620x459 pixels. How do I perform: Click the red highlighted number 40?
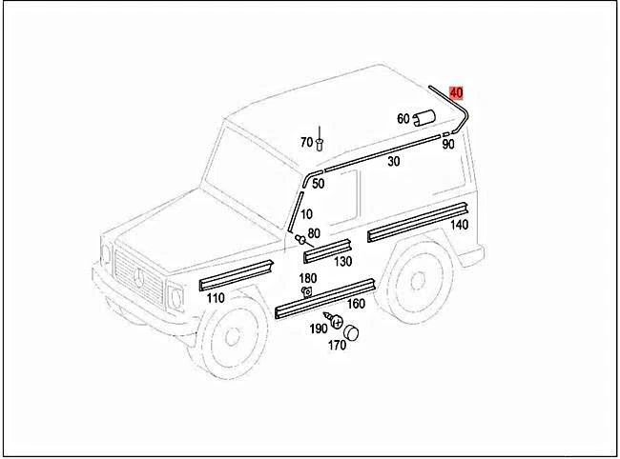coord(456,92)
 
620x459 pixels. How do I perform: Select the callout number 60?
coord(403,119)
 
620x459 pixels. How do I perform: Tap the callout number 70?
coord(306,142)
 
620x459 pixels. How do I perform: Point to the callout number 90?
coord(447,144)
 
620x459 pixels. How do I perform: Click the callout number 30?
coord(393,162)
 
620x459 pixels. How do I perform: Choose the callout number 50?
coord(318,184)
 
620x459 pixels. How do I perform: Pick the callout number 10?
coord(306,214)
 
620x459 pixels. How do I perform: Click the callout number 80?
coord(314,233)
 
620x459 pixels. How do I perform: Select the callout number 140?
coord(459,225)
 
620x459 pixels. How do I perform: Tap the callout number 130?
coord(342,261)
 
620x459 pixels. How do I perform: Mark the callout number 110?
coord(215,298)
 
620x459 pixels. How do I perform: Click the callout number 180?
coord(308,277)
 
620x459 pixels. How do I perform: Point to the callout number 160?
coord(356,304)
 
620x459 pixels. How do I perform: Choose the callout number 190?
coord(318,329)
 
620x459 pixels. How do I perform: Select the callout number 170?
coord(337,346)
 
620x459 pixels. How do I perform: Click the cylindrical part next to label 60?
coord(423,118)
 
